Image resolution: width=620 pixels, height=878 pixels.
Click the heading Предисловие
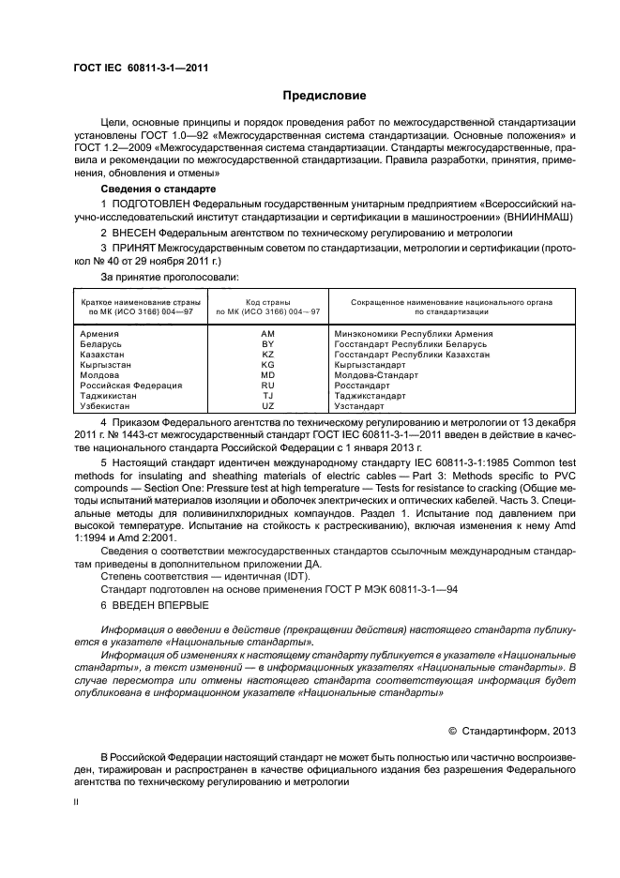pyautogui.click(x=325, y=96)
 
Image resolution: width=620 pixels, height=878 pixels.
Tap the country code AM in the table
pyautogui.click(x=267, y=333)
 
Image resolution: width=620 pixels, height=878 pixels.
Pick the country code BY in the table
pyautogui.click(x=267, y=344)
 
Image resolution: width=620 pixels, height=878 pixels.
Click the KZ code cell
pyautogui.click(x=267, y=356)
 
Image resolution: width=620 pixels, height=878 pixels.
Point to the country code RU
pyautogui.click(x=267, y=385)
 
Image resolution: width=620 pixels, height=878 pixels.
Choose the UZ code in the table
pyautogui.click(x=267, y=406)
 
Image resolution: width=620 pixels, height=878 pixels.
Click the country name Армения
pyautogui.click(x=99, y=333)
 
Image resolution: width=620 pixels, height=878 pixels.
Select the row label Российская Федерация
pyautogui.click(x=130, y=385)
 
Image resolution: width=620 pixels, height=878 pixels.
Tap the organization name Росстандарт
pyautogui.click(x=361, y=385)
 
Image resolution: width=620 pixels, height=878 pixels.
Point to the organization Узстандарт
pyautogui.click(x=359, y=406)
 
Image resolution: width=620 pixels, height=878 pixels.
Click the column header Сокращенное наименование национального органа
pyautogui.click(x=451, y=302)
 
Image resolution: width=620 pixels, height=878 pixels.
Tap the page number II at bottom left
pyautogui.click(x=76, y=803)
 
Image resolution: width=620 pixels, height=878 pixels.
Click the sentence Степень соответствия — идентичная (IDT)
pyautogui.click(x=192, y=576)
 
